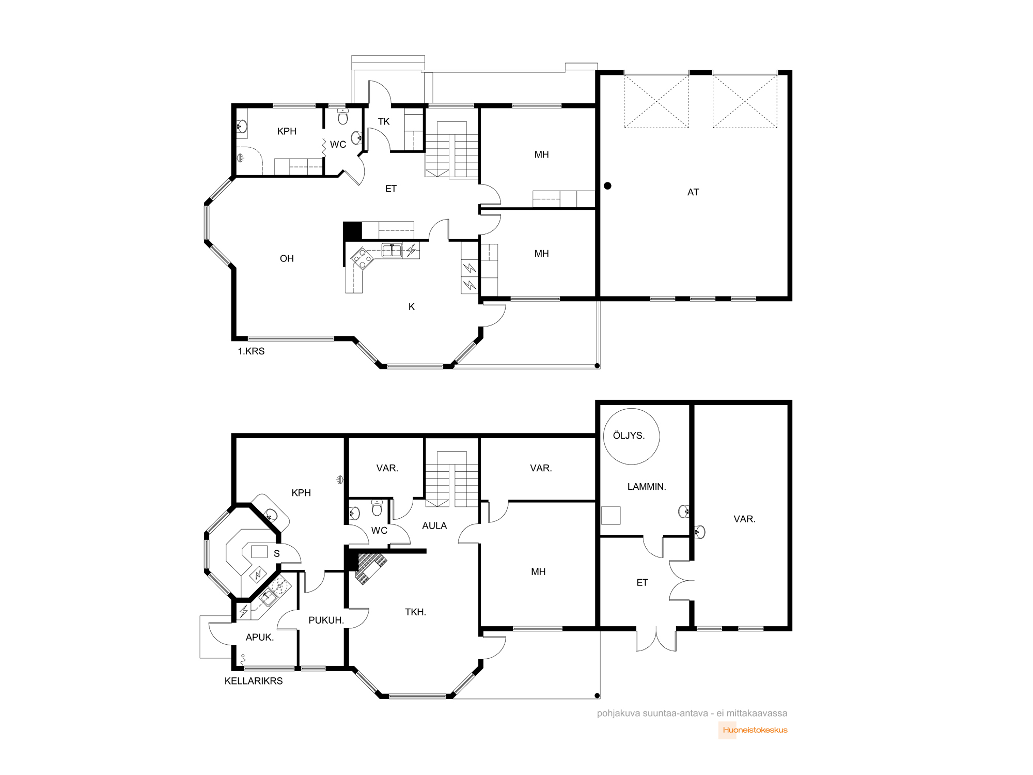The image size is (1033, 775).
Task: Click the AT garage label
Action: [693, 192]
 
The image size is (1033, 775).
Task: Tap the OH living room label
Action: [287, 258]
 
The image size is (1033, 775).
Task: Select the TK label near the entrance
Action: [384, 121]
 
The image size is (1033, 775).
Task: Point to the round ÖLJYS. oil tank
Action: [631, 436]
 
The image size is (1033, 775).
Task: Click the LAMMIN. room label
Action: [647, 487]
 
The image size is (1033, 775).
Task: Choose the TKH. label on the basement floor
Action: [416, 612]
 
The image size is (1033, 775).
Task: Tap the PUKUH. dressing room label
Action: [326, 620]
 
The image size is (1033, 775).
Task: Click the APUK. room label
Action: [260, 638]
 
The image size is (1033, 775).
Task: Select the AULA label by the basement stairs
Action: [434, 525]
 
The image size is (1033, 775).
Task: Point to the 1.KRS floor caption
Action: [251, 351]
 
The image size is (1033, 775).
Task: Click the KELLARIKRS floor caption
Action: [254, 681]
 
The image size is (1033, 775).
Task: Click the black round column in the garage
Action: [608, 185]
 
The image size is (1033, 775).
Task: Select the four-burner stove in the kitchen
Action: [362, 259]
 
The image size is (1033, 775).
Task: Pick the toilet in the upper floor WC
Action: [343, 117]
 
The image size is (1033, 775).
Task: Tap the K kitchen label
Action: [412, 307]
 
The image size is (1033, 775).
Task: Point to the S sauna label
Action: [277, 554]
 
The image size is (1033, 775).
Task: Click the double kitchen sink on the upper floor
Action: [392, 251]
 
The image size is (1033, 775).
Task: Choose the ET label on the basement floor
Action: [642, 583]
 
